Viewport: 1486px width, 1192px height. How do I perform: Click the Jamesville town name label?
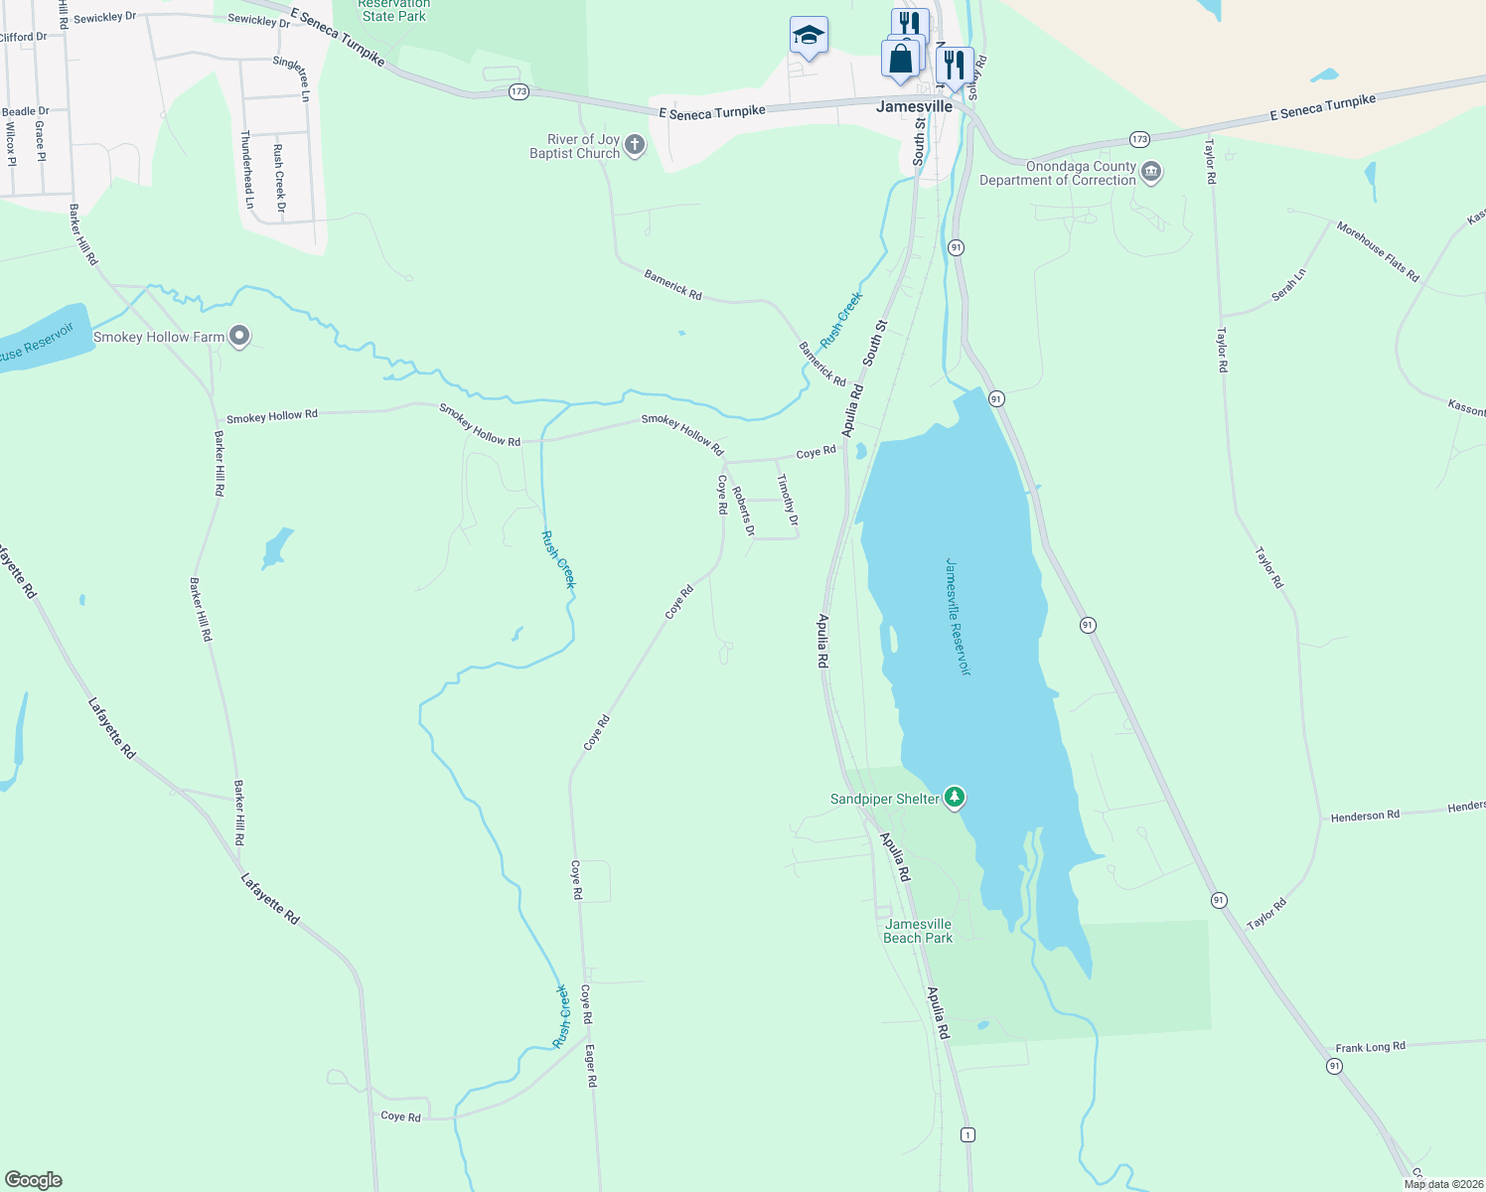coord(914,106)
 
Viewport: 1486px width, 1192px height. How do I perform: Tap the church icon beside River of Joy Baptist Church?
coord(635,146)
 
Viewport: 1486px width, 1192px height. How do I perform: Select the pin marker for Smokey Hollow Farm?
coord(239,337)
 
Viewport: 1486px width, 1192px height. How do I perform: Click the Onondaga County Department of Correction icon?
coord(1151,173)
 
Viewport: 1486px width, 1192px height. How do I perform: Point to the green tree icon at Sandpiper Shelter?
coord(954,798)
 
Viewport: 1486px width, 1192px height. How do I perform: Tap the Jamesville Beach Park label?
coord(918,931)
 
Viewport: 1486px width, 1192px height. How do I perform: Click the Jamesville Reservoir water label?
coord(957,617)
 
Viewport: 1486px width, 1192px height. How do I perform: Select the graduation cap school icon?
coord(809,36)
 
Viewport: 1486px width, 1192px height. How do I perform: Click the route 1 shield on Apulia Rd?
coord(967,1134)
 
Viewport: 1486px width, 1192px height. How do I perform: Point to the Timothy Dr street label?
coord(788,500)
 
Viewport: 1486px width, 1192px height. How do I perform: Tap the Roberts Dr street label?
coord(743,511)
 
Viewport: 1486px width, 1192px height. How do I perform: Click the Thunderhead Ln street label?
coord(246,169)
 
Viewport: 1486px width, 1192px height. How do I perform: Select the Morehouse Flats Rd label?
coord(1378,251)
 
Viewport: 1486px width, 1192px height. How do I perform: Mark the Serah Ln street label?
coord(1289,285)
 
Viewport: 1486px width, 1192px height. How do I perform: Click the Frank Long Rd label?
coord(1370,1047)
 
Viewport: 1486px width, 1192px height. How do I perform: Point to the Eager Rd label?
coord(591,1065)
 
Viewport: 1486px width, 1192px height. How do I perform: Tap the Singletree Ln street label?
coord(291,78)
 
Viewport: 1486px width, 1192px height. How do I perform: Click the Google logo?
coord(34,1180)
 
